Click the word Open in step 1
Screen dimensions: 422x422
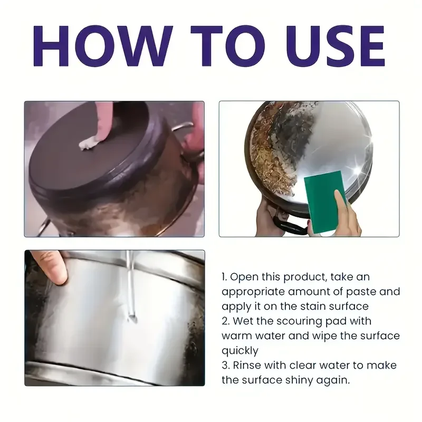244,277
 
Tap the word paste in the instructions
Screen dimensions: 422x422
361,292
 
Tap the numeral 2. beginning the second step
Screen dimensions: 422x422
226,321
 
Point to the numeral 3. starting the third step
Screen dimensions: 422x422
226,366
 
